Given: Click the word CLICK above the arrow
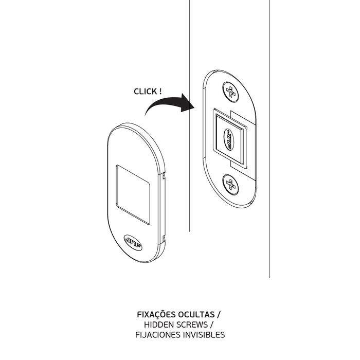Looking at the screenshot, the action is tap(146, 92).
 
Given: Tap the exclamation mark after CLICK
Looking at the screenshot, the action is tap(160, 91).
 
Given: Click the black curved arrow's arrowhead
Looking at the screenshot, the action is tap(188, 103).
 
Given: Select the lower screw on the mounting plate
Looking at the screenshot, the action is tap(230, 185).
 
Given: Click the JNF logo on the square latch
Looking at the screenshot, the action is tap(228, 139).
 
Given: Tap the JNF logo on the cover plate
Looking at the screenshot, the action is tap(133, 243).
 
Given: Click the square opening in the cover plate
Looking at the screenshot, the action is tap(133, 194).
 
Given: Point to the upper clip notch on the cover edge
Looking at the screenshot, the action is tap(164, 176).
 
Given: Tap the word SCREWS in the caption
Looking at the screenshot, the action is tap(192, 325).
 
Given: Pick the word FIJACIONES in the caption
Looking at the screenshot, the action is tap(158, 335).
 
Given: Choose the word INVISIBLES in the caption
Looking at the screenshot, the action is tap(204, 335).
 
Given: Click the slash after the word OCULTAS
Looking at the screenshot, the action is tap(219, 315).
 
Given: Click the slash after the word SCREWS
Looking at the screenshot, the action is tap(211, 325).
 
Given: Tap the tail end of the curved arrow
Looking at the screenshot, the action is tap(146, 115).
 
